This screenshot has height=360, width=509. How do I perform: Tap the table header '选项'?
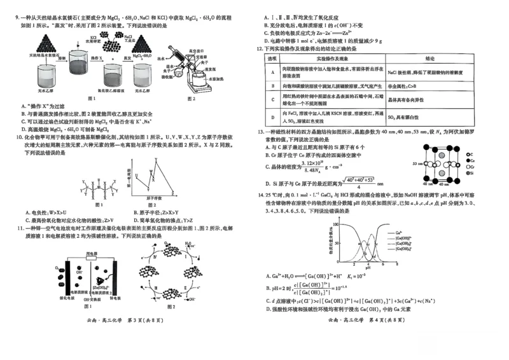273,57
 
